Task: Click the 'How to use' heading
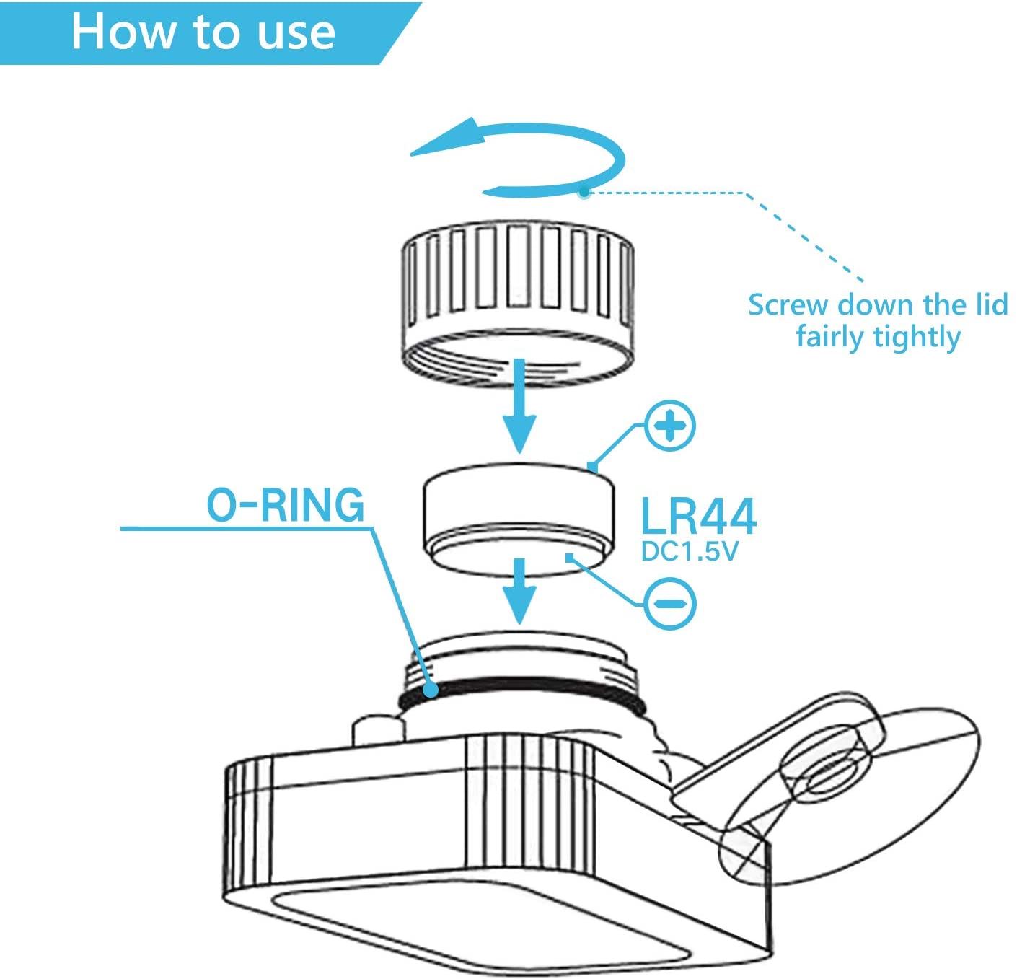tap(203, 32)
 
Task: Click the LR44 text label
tap(698, 516)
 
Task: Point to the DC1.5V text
tap(690, 552)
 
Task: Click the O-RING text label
tap(286, 505)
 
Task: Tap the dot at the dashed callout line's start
tap(583, 193)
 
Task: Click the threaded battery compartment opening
tap(518, 649)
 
